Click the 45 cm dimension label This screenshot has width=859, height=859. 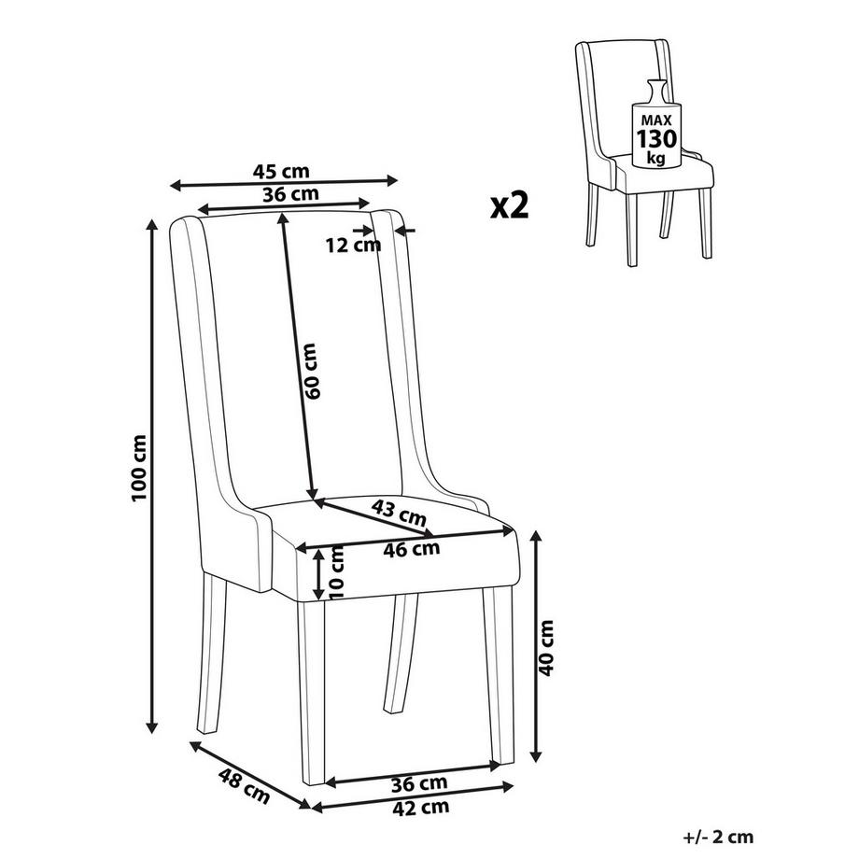281,172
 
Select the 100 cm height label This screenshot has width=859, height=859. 139,467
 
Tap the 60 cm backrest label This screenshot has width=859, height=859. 310,371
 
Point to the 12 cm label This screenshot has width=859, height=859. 353,246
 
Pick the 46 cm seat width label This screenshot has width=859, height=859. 412,549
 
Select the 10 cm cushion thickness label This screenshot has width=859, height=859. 337,571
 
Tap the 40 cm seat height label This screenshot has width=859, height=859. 546,648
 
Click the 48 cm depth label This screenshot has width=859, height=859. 244,786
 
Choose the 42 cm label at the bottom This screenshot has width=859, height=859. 421,808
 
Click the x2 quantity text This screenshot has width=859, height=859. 510,205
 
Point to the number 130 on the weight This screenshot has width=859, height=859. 656,139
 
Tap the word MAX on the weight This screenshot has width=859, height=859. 656,120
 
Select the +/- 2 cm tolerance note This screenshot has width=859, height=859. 719,838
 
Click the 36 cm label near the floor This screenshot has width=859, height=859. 419,784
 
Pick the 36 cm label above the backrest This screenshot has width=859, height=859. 290,194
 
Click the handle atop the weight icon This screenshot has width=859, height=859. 656,91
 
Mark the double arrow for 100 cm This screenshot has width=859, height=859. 152,475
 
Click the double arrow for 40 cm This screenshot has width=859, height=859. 537,646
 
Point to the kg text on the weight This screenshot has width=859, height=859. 655,159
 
